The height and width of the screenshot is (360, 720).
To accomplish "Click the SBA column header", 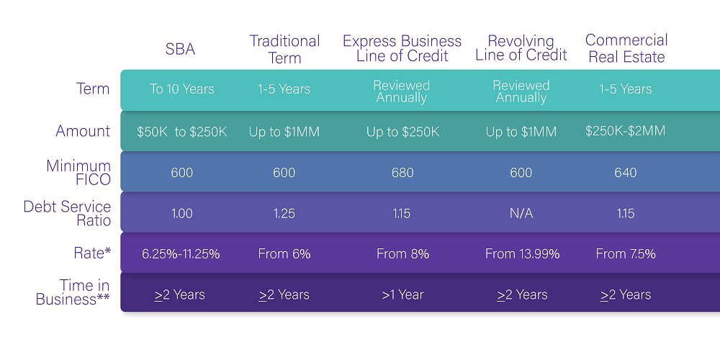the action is click(180, 49).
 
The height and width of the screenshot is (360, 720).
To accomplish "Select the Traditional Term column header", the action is click(284, 50).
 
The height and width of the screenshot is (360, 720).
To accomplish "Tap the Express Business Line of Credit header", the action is click(402, 48).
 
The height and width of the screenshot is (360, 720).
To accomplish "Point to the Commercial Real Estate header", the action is click(626, 48).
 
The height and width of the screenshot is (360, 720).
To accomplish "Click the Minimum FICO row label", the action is click(78, 173).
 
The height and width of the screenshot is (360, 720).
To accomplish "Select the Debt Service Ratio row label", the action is click(67, 214).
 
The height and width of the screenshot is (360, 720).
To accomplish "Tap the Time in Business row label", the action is click(73, 292).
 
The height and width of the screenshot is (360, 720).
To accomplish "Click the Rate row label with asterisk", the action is click(92, 253).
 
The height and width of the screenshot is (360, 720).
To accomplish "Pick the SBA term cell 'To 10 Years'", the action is click(182, 89).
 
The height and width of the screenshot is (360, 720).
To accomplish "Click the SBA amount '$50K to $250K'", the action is click(182, 132).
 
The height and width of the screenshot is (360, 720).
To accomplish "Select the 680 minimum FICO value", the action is click(402, 173).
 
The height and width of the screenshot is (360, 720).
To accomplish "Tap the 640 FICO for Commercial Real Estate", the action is click(626, 173).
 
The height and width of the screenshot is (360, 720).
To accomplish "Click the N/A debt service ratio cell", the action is click(521, 214).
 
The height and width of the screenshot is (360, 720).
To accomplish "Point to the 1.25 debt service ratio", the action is click(284, 214).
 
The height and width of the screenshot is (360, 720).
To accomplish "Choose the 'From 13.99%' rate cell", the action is click(523, 254).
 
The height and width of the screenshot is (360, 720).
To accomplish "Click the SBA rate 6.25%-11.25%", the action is click(181, 254).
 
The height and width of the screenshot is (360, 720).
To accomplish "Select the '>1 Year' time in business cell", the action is click(402, 294).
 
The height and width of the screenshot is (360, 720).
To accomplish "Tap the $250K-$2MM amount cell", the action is click(626, 131).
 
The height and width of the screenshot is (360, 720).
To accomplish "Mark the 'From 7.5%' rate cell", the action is click(626, 254).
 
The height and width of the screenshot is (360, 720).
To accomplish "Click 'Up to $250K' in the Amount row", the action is click(402, 132).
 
